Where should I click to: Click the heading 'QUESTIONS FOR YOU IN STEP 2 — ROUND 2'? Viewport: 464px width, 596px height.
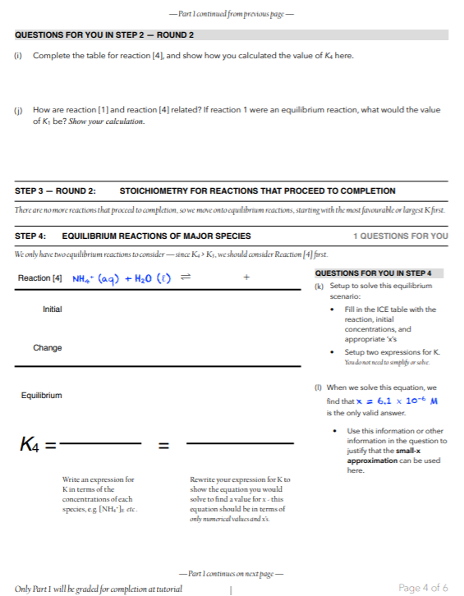tap(104, 35)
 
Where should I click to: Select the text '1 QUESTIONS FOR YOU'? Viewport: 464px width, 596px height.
tap(401, 236)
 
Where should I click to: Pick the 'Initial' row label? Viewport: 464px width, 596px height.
tap(53, 309)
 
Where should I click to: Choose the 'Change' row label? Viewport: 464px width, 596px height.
tap(48, 347)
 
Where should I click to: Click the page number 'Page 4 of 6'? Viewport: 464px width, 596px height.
tap(422, 588)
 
